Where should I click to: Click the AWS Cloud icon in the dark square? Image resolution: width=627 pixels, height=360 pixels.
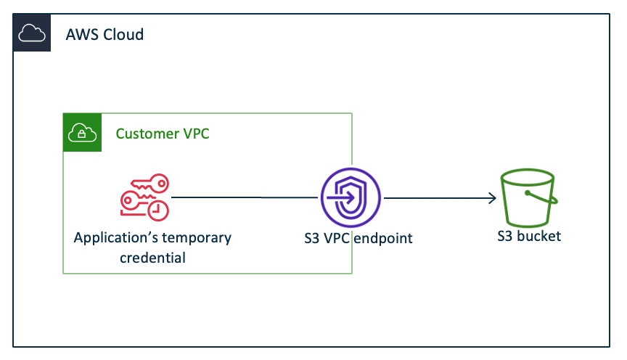[31, 33]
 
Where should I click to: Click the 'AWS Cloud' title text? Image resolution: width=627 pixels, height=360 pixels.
[104, 34]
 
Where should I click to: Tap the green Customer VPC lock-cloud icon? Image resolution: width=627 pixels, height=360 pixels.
[82, 132]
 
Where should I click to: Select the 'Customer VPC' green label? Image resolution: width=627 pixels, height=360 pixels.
[163, 134]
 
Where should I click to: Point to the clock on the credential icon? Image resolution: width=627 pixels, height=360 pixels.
[157, 210]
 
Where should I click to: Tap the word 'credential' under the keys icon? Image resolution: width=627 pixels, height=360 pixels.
[153, 257]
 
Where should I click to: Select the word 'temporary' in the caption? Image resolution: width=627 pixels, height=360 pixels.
[195, 238]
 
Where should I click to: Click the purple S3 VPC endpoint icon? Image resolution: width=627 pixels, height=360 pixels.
[351, 197]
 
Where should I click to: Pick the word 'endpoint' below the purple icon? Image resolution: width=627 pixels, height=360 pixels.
[382, 238]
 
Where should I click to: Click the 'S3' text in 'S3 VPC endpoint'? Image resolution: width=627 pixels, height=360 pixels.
[313, 238]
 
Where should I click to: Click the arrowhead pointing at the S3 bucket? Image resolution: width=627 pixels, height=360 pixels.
[492, 197]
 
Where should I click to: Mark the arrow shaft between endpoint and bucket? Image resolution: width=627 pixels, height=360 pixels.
[435, 197]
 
